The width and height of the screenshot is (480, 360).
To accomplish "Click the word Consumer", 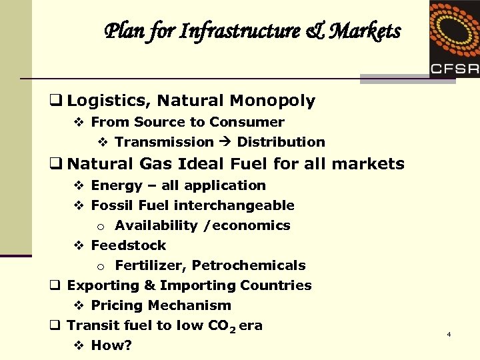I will coord(247,122).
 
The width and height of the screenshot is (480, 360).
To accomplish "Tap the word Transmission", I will coord(164,142).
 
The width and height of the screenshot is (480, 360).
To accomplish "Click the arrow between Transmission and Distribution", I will coord(225,142).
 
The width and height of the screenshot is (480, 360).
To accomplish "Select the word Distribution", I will coord(281,142).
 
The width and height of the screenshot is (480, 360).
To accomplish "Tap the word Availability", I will coord(156,225).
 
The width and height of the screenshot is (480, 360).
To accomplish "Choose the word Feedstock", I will coord(129,245).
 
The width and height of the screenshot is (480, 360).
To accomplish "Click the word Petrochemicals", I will coord(249,265).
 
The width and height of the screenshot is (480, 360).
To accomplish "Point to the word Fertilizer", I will coord(150,265).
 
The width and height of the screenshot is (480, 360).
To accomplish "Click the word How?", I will coord(111,346).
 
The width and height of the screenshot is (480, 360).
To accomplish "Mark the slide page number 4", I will coord(449,333).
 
